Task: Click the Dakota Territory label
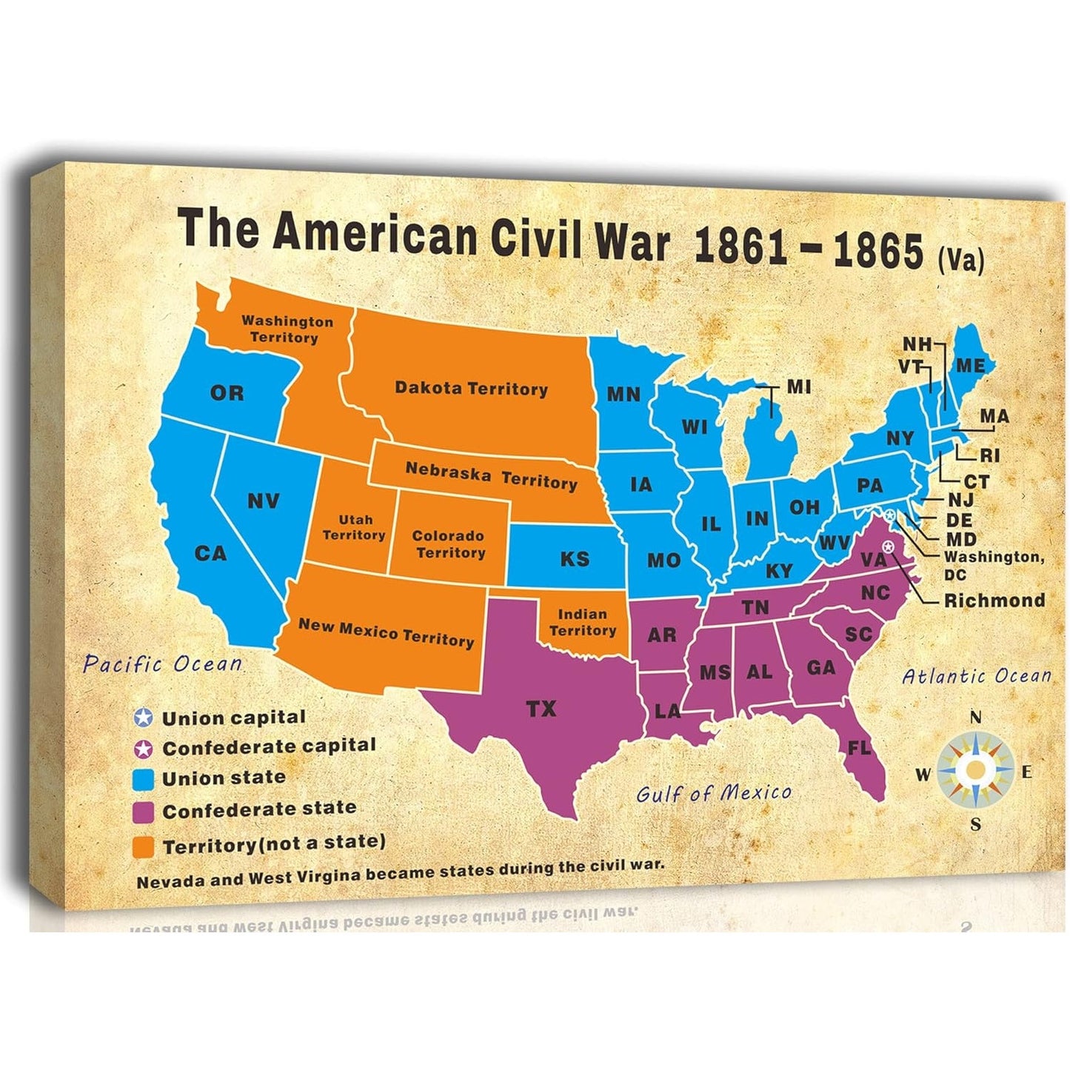[x=471, y=388]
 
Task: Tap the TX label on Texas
[x=541, y=709]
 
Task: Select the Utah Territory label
[x=354, y=527]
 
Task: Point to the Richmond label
[x=994, y=601]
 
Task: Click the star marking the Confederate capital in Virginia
[x=888, y=546]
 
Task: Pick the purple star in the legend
[x=144, y=749]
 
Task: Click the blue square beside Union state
[x=144, y=779]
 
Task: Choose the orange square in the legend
[x=144, y=846]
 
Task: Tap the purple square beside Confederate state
[x=144, y=811]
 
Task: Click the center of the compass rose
[x=976, y=771]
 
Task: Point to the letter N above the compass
[x=976, y=717]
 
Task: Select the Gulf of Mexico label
[x=713, y=794]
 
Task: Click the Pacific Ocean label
[x=162, y=663]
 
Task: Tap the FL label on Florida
[x=859, y=748]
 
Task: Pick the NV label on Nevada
[x=264, y=501]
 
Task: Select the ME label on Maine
[x=970, y=366]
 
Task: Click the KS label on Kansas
[x=575, y=558]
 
